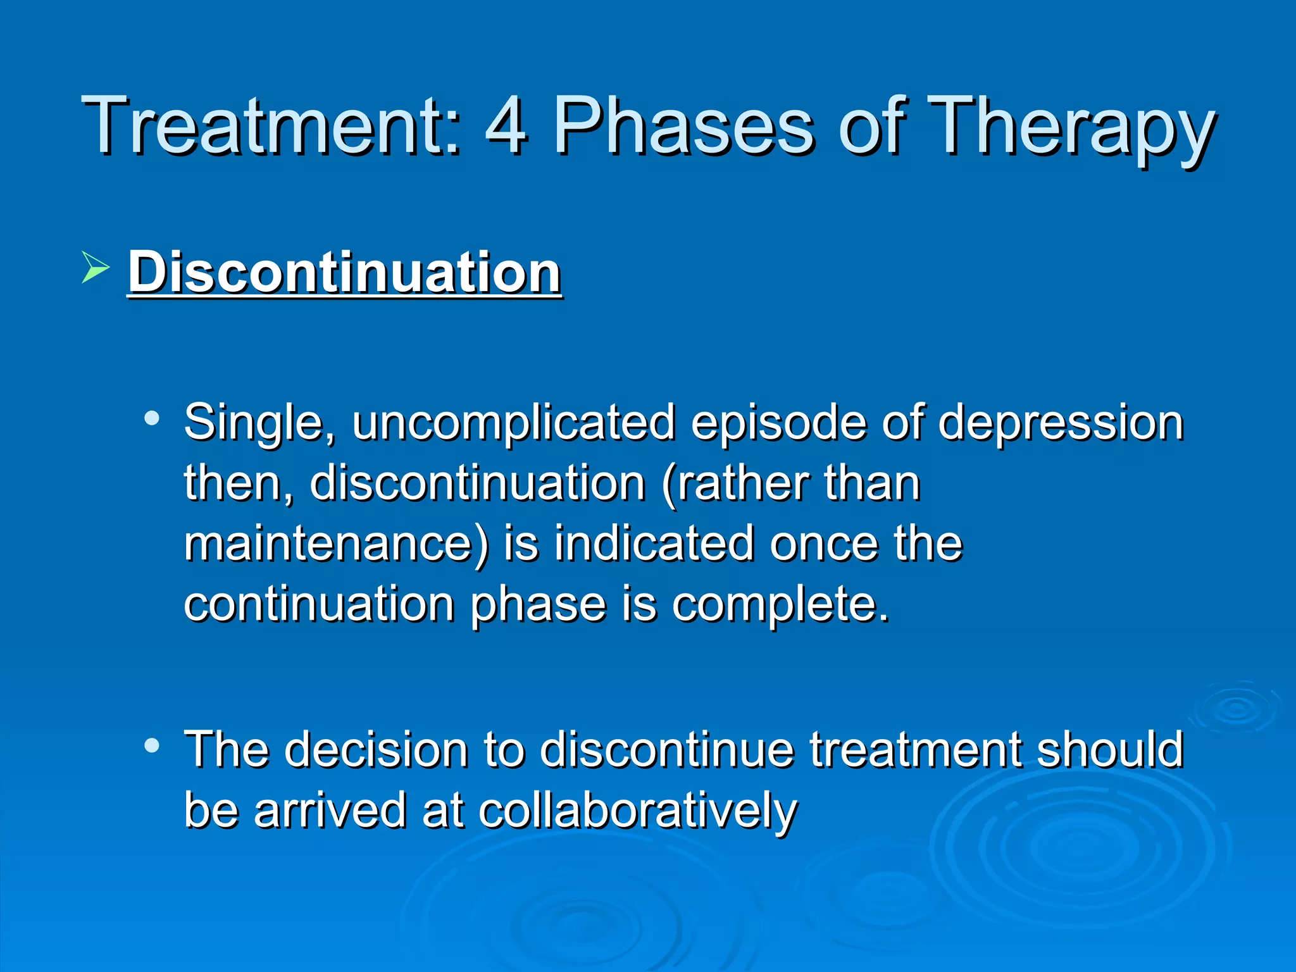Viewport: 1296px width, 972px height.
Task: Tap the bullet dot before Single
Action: pyautogui.click(x=151, y=418)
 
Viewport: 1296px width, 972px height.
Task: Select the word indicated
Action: pyautogui.click(x=654, y=544)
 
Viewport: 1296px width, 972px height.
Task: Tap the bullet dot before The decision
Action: pyautogui.click(x=151, y=745)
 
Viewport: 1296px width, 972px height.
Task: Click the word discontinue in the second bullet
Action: pyautogui.click(x=667, y=750)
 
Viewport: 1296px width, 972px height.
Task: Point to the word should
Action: pyautogui.click(x=1111, y=750)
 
